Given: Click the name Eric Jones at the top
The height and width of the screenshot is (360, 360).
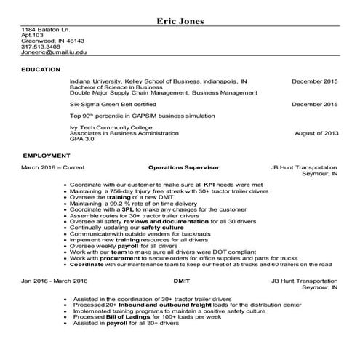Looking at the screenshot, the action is (x=180, y=20).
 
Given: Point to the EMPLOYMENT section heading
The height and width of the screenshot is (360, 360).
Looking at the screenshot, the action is (x=46, y=156).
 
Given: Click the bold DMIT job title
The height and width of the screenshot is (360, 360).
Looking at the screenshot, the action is (x=180, y=280).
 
